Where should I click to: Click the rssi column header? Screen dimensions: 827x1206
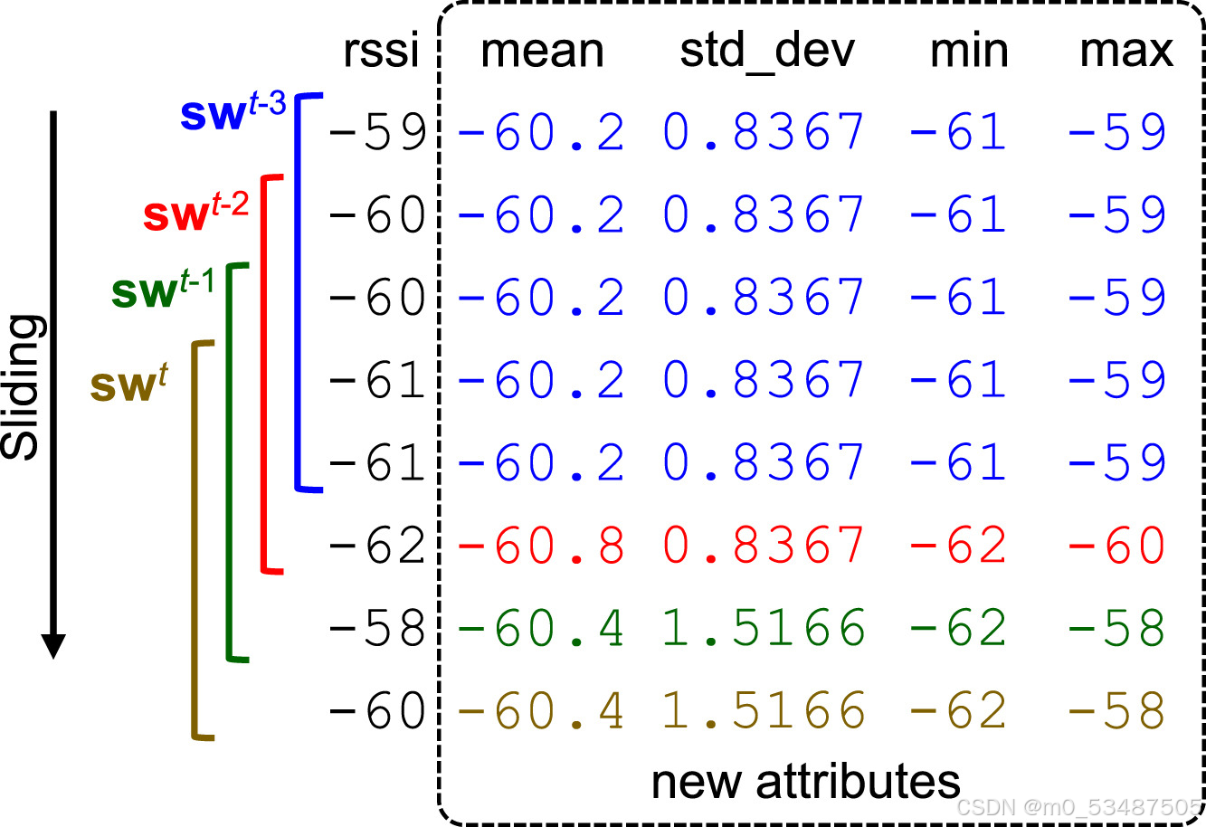[381, 52]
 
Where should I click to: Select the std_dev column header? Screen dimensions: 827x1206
[766, 52]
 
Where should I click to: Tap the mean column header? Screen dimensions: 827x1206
[542, 52]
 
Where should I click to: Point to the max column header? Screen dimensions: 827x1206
[1125, 52]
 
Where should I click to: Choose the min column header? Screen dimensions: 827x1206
[969, 52]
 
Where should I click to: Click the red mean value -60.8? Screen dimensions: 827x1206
[541, 546]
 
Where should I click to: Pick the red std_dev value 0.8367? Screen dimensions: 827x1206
[764, 546]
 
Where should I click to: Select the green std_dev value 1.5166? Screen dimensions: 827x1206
[764, 628]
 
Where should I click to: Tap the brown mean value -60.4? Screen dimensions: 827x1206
[541, 710]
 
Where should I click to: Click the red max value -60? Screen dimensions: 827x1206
[1117, 546]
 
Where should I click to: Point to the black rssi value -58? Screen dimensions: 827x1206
[377, 628]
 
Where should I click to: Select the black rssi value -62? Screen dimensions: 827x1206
[377, 546]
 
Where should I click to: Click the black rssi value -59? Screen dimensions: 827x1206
[377, 133]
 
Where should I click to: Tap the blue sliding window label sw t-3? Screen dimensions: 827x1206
[233, 112]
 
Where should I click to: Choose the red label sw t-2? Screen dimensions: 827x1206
[195, 212]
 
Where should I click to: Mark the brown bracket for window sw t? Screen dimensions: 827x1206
[195, 543]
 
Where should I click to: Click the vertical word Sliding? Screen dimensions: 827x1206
[23, 386]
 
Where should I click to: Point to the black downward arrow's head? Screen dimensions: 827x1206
[53, 646]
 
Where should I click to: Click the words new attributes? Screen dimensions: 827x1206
[805, 782]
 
